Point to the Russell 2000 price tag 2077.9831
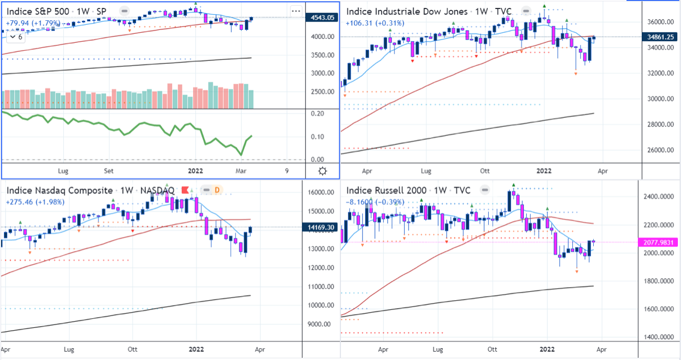(x=657, y=243)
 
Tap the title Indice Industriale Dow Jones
(x=407, y=11)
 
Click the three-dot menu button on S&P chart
(x=296, y=11)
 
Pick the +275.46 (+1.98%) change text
(x=35, y=202)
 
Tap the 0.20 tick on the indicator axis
(x=317, y=113)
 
